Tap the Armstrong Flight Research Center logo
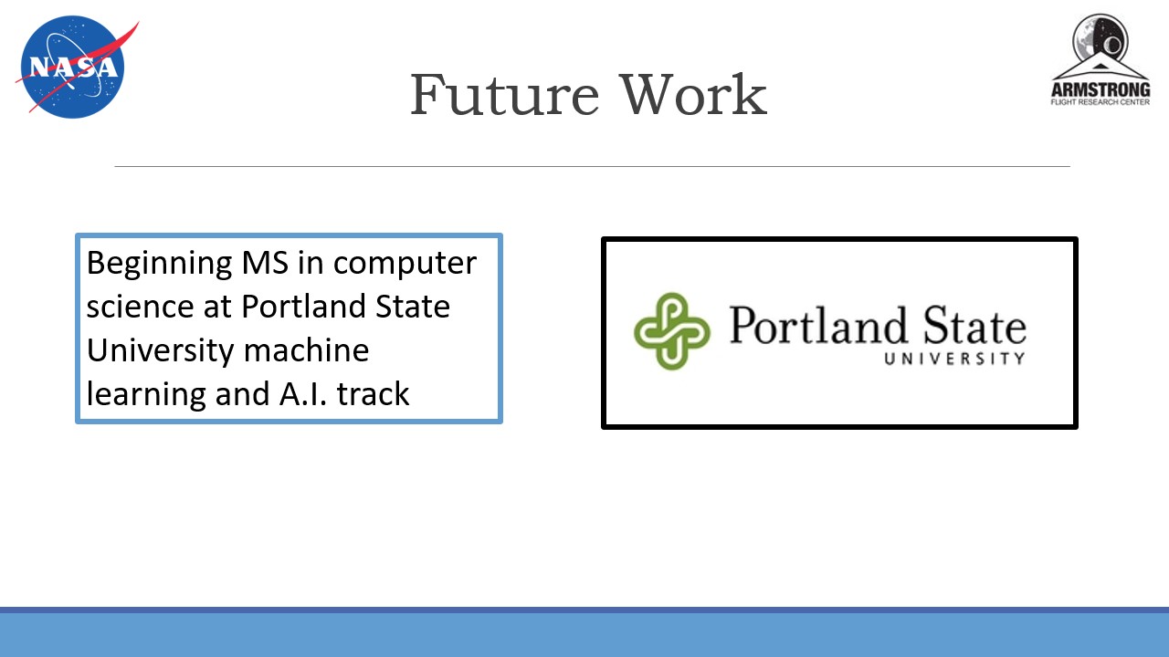pos(1101,59)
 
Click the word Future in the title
pos(504,95)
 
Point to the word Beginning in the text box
pos(159,264)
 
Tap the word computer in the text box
pos(405,264)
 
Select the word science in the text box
pos(141,306)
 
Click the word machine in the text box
pos(306,349)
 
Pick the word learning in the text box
pos(146,394)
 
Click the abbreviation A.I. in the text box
pos(303,393)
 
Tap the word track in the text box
pos(374,393)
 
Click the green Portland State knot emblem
pos(671,331)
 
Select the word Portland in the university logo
pos(817,326)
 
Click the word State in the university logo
pos(974,326)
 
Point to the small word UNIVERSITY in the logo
pos(954,359)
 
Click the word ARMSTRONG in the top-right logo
pos(1101,89)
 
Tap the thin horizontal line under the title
pos(593,166)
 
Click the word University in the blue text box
pos(160,350)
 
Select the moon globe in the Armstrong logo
pos(1101,41)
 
